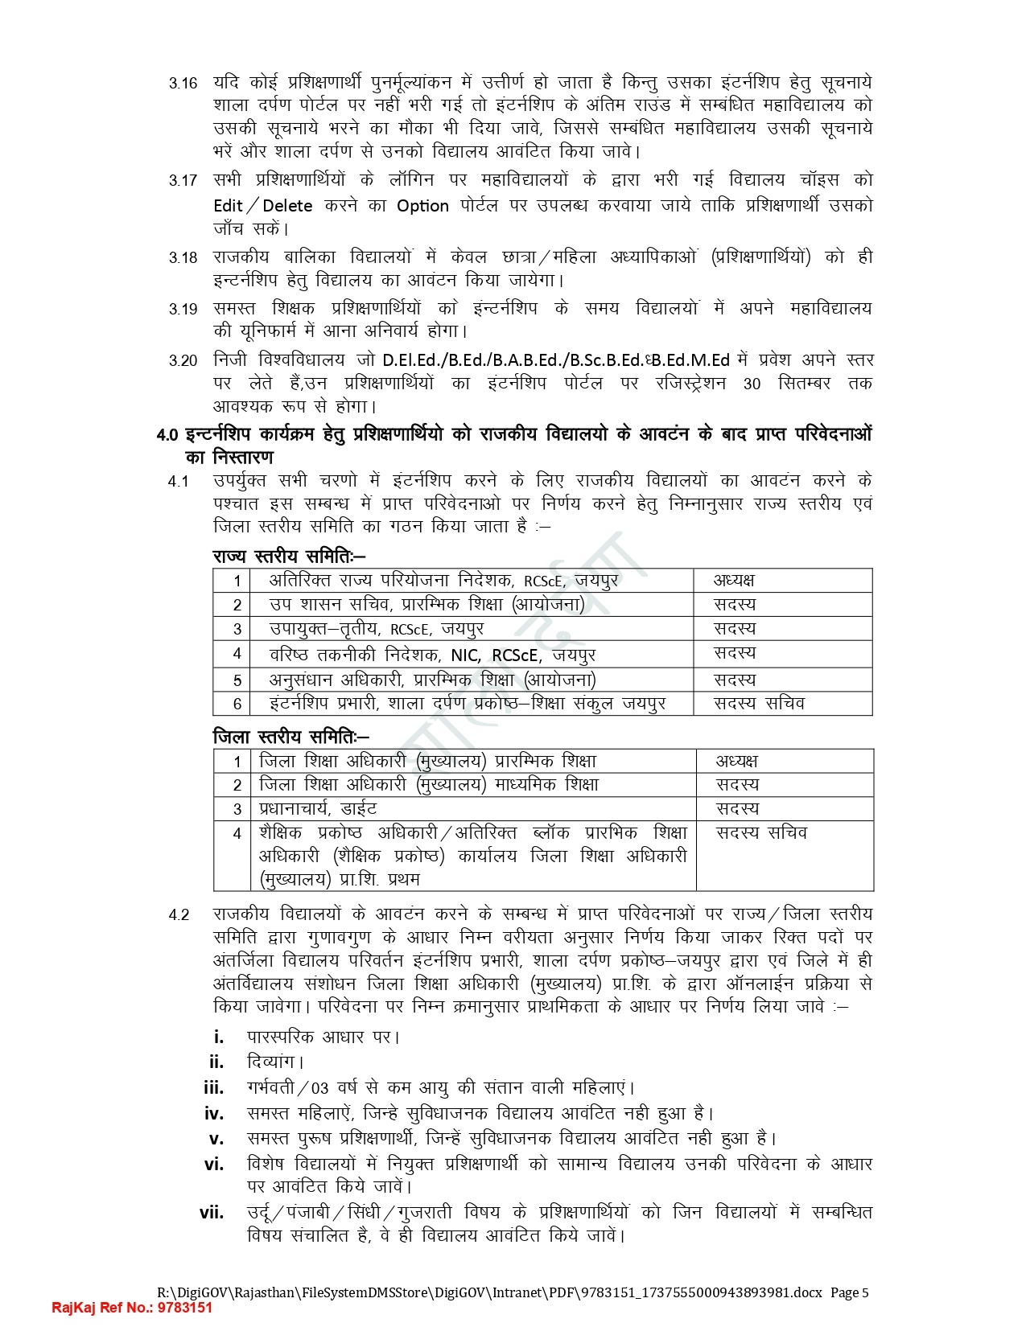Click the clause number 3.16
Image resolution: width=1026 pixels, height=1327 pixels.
point(183,83)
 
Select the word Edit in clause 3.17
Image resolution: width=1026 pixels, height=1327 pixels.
point(228,206)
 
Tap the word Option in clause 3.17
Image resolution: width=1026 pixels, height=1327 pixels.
point(422,206)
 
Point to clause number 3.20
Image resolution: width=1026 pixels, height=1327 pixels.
point(183,361)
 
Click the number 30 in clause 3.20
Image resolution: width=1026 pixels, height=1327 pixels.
point(752,384)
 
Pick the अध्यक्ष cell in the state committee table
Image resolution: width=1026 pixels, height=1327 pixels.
point(734,581)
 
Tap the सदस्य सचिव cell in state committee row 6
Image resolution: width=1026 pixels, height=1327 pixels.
point(759,703)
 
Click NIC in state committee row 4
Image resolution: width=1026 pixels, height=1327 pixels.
point(465,655)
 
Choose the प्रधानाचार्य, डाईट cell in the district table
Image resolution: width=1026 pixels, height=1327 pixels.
point(318,808)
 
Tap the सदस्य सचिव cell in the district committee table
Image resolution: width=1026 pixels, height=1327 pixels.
point(761,832)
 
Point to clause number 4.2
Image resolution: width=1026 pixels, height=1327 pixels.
point(179,915)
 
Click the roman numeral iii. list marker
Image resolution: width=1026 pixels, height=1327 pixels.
point(213,1088)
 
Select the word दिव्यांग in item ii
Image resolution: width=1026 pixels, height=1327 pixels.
point(274,1062)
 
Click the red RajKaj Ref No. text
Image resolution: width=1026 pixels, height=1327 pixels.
point(132,1308)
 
